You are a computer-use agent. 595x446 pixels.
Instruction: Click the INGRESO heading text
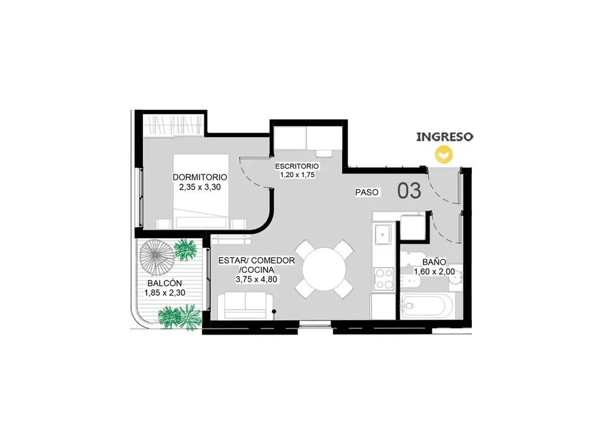click(445, 136)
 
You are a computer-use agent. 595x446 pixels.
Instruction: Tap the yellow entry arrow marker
click(444, 154)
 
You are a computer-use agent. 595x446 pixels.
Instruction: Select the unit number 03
click(409, 190)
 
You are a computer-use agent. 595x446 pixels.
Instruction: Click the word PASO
click(367, 192)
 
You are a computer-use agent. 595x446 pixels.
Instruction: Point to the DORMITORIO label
click(200, 177)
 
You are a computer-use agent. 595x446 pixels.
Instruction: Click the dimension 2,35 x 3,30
click(200, 187)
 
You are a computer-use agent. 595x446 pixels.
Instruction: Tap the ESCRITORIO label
click(297, 166)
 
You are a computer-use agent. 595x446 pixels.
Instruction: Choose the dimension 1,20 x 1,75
click(297, 175)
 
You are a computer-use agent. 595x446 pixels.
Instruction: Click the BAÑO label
click(434, 262)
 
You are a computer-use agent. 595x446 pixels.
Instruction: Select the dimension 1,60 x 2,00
click(434, 272)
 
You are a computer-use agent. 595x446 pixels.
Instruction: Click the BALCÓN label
click(164, 283)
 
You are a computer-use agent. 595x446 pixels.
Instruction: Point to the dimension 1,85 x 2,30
click(164, 293)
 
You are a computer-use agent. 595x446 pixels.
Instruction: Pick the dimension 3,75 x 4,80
click(256, 279)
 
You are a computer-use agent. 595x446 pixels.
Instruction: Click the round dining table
click(324, 269)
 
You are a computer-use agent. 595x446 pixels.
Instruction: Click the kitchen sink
click(383, 235)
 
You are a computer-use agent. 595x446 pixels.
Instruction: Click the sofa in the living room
click(245, 305)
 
